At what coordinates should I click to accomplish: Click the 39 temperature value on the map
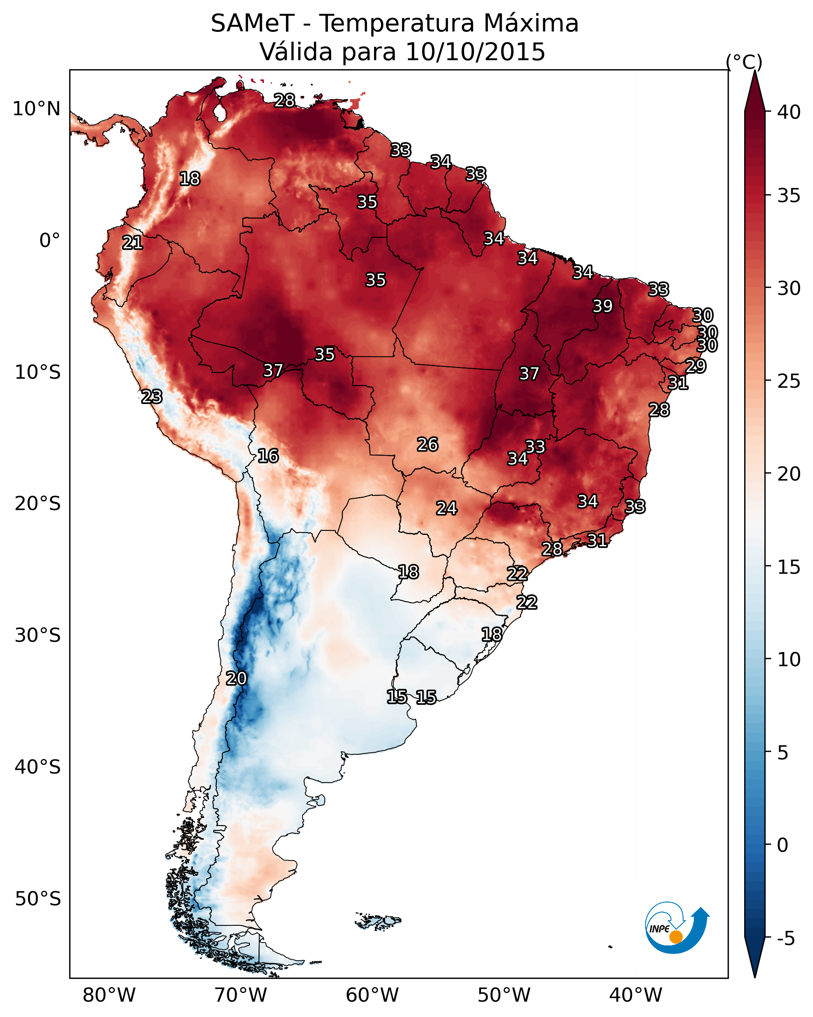[x=603, y=306]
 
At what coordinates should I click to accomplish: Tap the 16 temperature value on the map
[x=268, y=456]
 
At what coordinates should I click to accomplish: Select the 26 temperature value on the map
[x=428, y=444]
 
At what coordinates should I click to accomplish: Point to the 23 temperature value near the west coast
[x=152, y=397]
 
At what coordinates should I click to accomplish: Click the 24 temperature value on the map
[x=446, y=508]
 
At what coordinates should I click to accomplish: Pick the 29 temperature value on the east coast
[x=695, y=366]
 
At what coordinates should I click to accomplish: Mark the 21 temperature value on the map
[x=133, y=243]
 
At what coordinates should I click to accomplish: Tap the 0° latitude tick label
[x=50, y=241]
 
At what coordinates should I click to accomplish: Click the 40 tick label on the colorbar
[x=789, y=112]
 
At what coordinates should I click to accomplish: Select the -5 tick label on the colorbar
[x=785, y=939]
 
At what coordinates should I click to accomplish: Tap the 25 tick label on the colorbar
[x=789, y=381]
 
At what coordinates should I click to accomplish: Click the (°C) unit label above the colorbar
[x=744, y=62]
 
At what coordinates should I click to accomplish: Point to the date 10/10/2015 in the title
[x=475, y=52]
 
